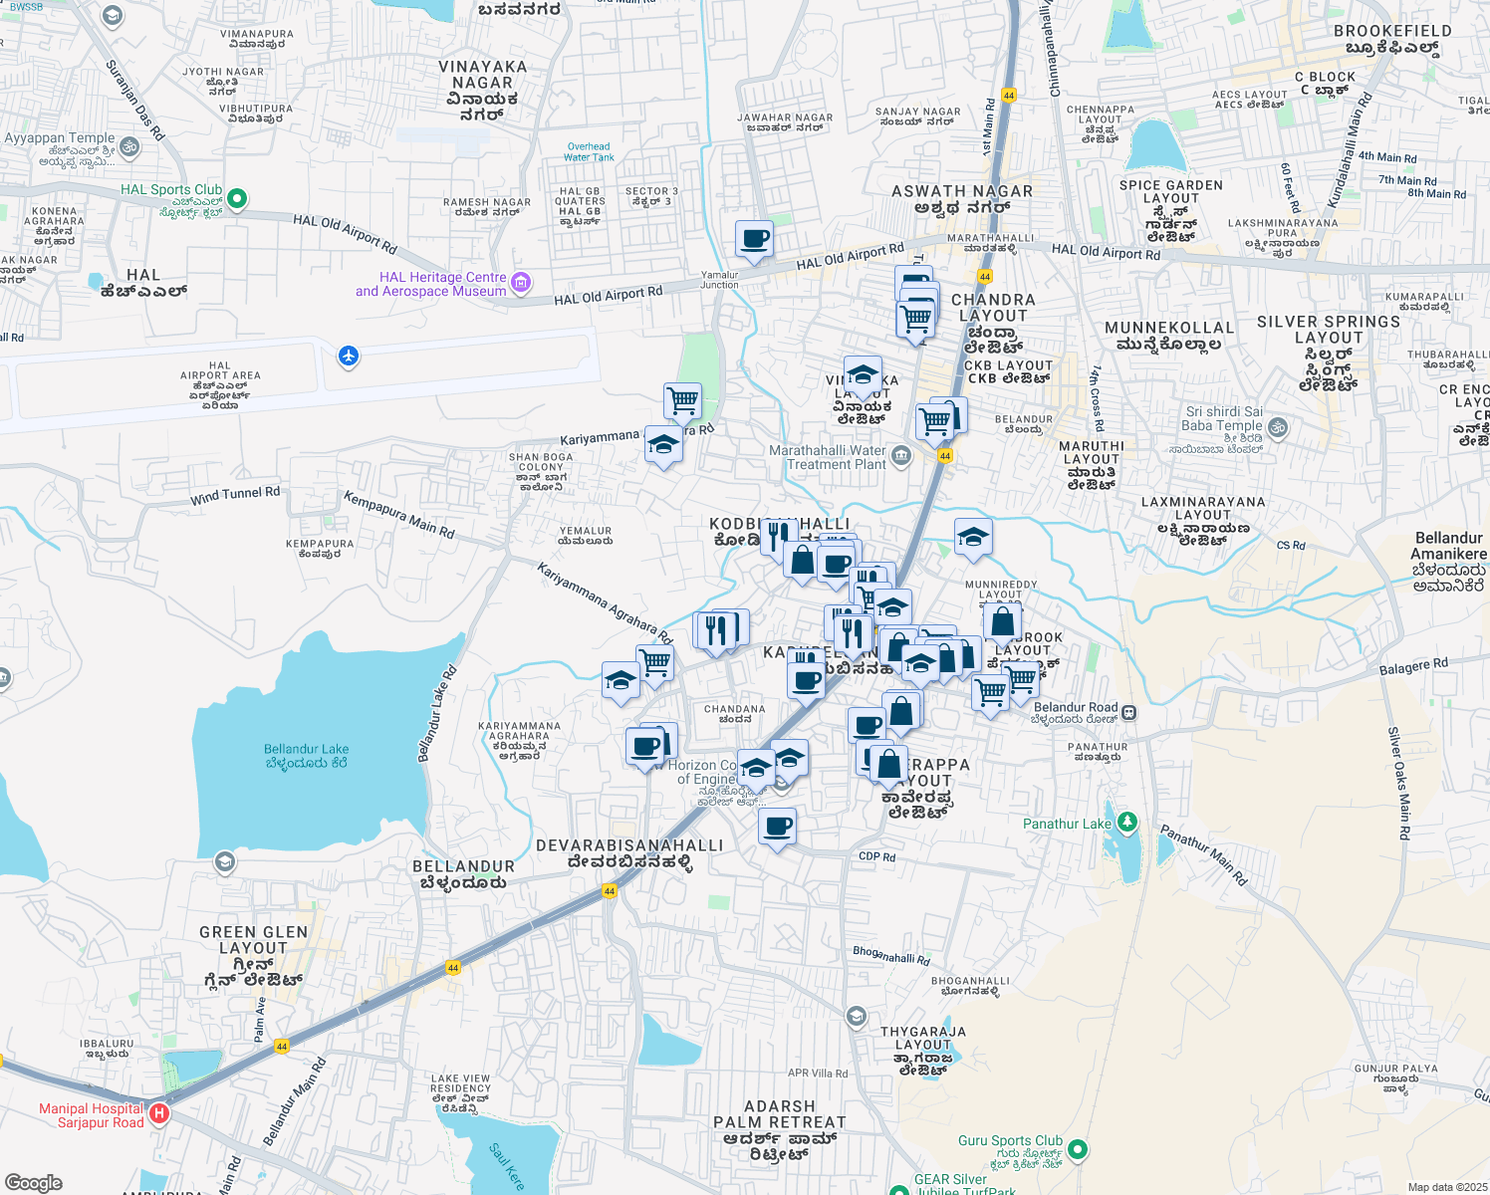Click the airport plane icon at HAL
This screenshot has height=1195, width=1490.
(348, 356)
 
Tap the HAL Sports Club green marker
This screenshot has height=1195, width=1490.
(237, 198)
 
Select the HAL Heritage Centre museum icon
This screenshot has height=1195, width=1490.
(520, 285)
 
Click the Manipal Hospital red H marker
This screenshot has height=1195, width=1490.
(159, 1113)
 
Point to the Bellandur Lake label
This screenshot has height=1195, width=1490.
(306, 755)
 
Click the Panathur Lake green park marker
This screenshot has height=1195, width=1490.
(1126, 823)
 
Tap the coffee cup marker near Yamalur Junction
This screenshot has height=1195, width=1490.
(754, 240)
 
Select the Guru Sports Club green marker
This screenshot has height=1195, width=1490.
(1077, 1150)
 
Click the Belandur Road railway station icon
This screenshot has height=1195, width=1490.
(1129, 712)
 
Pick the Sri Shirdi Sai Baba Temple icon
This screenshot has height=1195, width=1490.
(1278, 428)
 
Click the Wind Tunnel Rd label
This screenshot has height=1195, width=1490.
(235, 495)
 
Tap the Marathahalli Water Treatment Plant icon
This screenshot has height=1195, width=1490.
(901, 456)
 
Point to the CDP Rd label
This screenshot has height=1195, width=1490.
(876, 856)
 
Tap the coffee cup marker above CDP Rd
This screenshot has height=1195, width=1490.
(777, 827)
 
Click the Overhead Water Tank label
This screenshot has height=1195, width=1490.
(589, 151)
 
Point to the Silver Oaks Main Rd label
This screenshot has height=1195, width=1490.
(1399, 783)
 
